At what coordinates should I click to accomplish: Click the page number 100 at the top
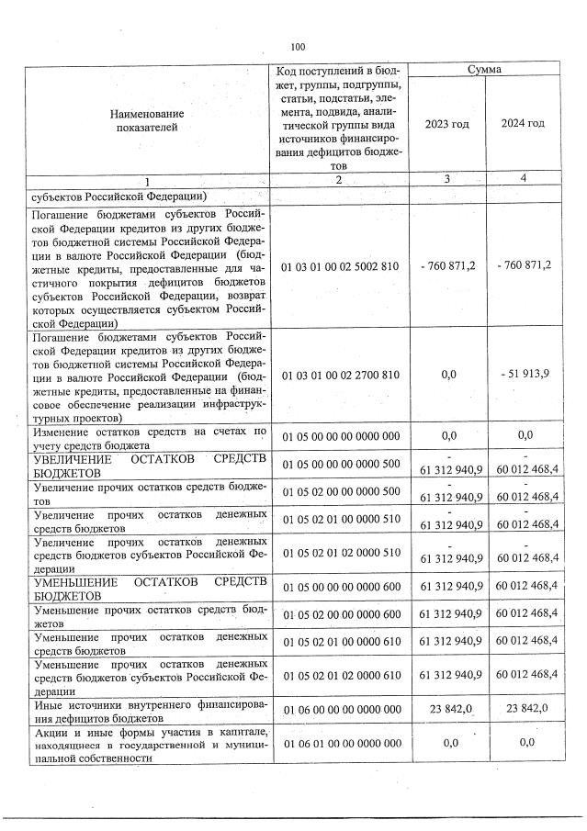[297, 48]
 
